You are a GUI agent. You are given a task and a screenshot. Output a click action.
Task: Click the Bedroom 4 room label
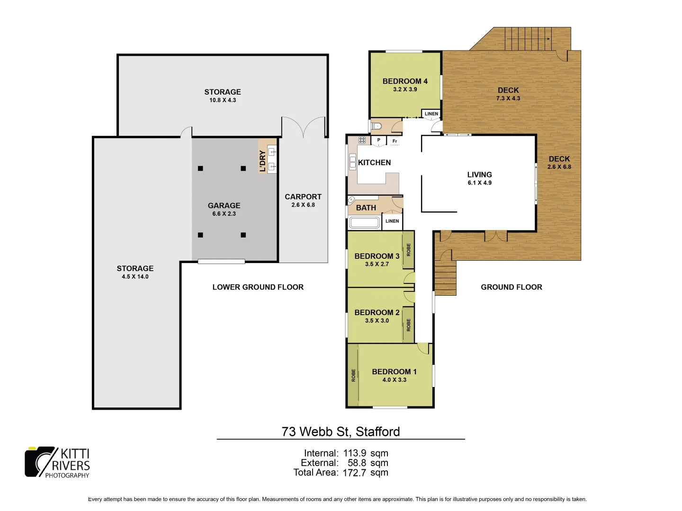[405, 81]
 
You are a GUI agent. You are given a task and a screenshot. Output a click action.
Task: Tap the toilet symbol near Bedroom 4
[377, 126]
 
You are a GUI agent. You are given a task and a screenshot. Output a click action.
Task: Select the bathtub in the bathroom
[364, 222]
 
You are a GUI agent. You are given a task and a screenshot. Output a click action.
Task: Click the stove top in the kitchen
[362, 140]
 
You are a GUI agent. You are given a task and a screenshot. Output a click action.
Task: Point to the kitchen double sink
[352, 162]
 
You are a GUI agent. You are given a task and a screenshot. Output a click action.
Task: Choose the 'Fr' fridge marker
[395, 141]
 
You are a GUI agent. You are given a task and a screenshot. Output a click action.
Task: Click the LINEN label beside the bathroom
[392, 221]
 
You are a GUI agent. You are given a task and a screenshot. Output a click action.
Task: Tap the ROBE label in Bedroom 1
[353, 375]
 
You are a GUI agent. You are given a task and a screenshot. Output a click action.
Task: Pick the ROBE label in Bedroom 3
[408, 250]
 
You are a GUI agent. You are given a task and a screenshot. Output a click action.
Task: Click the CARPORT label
[303, 197]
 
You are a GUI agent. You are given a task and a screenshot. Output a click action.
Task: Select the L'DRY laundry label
[263, 160]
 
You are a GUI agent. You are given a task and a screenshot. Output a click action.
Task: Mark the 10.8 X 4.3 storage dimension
[223, 100]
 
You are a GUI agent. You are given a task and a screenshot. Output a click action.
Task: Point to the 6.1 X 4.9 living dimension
[479, 183]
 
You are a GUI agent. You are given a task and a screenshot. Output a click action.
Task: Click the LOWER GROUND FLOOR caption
[258, 287]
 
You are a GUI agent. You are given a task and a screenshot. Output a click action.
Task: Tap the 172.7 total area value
[354, 472]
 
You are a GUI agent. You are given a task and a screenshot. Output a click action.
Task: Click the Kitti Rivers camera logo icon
[40, 461]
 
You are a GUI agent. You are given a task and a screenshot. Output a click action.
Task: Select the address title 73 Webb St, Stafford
[341, 432]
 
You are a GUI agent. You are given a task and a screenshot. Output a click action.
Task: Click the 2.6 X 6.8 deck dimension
[559, 167]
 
